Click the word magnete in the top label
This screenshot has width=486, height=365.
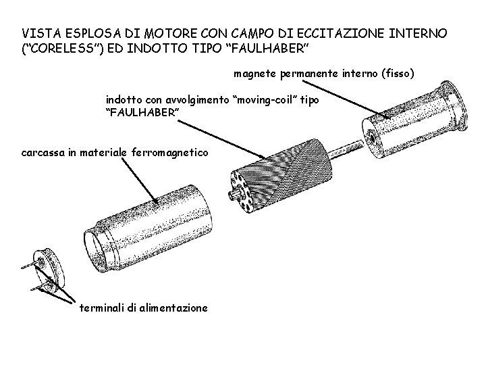click(x=255, y=72)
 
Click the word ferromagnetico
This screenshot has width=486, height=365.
click(x=175, y=153)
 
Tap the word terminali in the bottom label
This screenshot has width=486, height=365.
click(x=102, y=308)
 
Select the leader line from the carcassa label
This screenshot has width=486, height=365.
click(x=132, y=179)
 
